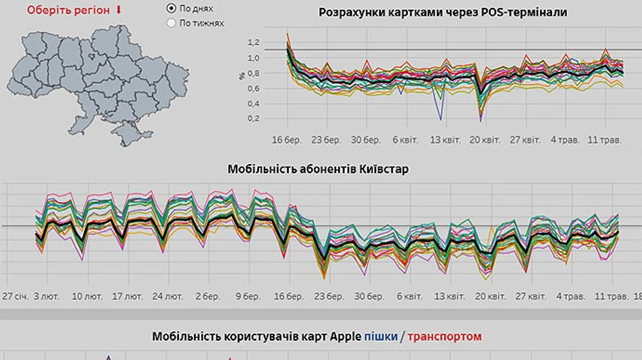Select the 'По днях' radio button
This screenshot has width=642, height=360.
pyautogui.click(x=170, y=9)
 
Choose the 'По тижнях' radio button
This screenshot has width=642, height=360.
pyautogui.click(x=170, y=23)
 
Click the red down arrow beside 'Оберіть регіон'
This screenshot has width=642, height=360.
pyautogui.click(x=118, y=10)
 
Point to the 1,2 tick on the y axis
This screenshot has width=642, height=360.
pyautogui.click(x=253, y=43)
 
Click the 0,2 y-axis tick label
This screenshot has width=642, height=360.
pyautogui.click(x=253, y=118)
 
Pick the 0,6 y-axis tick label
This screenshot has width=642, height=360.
pyautogui.click(x=253, y=88)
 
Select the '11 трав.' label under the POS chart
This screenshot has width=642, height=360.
pyautogui.click(x=606, y=140)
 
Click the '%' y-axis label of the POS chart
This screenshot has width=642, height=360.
pyautogui.click(x=243, y=76)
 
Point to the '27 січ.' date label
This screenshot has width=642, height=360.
pyautogui.click(x=16, y=295)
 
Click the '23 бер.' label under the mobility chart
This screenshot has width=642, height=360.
pyautogui.click(x=329, y=295)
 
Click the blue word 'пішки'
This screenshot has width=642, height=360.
pyautogui.click(x=380, y=336)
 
